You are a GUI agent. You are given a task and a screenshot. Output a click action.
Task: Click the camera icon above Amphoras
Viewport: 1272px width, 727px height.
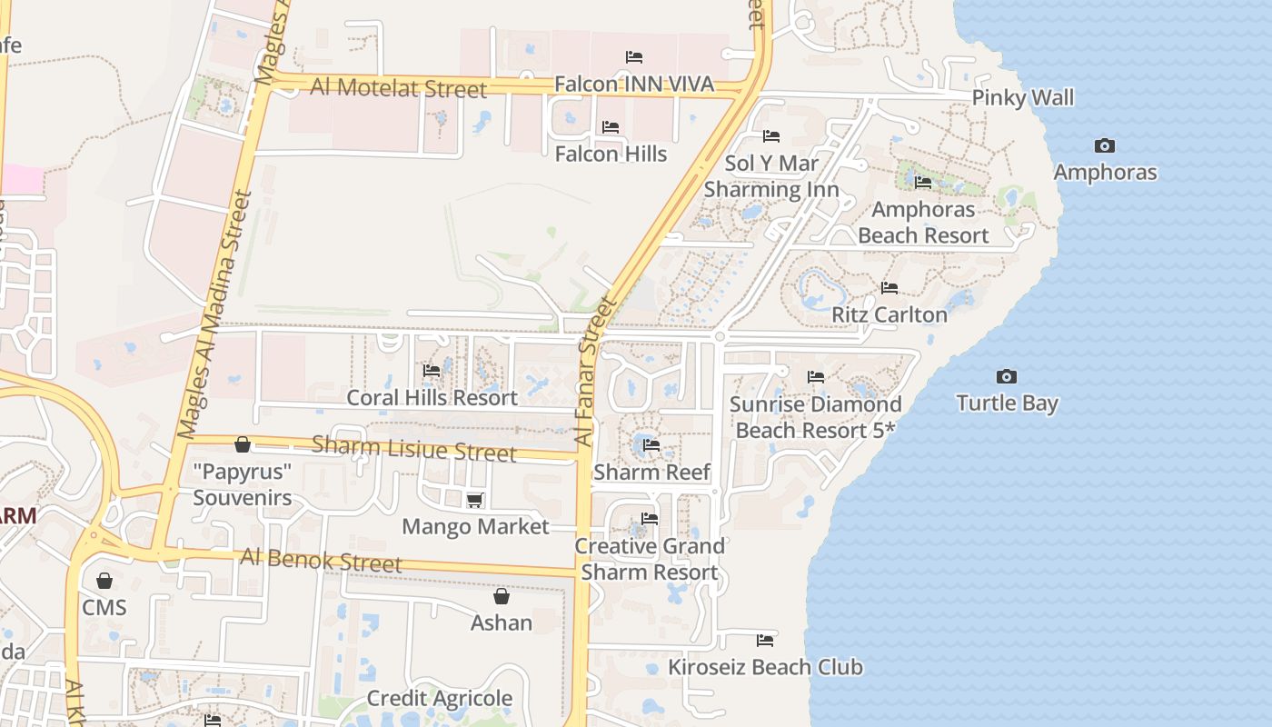(x=1105, y=145)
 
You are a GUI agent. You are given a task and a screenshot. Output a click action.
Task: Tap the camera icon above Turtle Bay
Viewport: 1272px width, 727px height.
(x=1007, y=376)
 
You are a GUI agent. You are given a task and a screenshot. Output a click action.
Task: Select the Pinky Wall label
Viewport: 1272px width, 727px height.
(x=1023, y=98)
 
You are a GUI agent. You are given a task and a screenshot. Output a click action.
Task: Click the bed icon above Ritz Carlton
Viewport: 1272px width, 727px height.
(x=889, y=288)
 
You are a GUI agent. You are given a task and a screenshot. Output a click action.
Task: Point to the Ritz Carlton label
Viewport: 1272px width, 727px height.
(x=889, y=314)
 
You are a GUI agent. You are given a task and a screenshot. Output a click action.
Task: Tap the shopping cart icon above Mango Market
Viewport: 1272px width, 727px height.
(x=474, y=500)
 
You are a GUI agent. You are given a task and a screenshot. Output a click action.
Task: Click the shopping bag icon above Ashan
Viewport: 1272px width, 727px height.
(x=501, y=596)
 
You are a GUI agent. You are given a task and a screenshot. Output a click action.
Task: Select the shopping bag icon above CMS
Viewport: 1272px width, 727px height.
(x=104, y=581)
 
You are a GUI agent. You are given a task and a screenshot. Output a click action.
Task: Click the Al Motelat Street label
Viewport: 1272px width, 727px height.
(x=399, y=88)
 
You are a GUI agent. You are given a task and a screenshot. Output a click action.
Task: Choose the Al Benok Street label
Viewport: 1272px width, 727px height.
(x=321, y=560)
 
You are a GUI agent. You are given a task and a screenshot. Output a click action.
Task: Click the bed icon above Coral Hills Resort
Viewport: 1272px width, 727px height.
(x=432, y=371)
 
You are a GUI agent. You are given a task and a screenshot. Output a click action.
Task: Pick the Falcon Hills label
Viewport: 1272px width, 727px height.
(x=611, y=154)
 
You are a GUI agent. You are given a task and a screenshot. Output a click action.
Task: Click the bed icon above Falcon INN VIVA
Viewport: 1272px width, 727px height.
(x=634, y=57)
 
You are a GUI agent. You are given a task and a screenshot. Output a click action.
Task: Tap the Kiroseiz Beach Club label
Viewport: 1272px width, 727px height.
(x=765, y=667)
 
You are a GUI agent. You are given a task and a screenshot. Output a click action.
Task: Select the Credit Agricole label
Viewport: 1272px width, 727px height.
(x=439, y=699)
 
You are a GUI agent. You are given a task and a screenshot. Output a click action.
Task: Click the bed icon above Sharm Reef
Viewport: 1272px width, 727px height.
(x=651, y=445)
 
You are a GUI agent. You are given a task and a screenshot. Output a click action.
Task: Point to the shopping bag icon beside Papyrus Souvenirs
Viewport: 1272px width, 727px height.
(x=243, y=444)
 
